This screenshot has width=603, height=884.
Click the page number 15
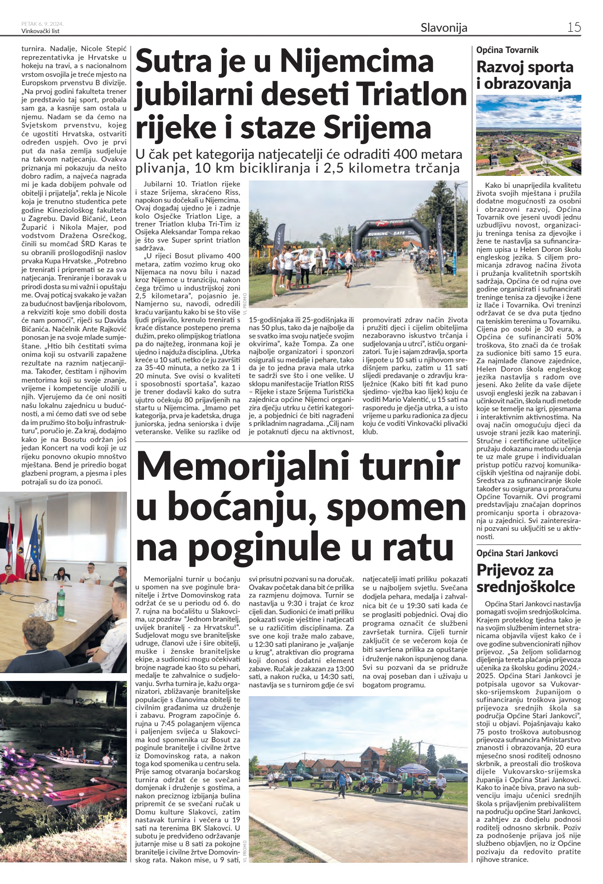574,27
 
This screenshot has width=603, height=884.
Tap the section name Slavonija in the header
444,28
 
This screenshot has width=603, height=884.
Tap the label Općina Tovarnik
507,50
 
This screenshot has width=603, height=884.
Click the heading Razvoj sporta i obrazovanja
524,75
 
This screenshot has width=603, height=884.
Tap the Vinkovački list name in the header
40,31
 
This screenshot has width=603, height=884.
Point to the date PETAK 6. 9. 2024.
42,23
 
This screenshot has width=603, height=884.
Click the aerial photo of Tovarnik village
528,135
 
